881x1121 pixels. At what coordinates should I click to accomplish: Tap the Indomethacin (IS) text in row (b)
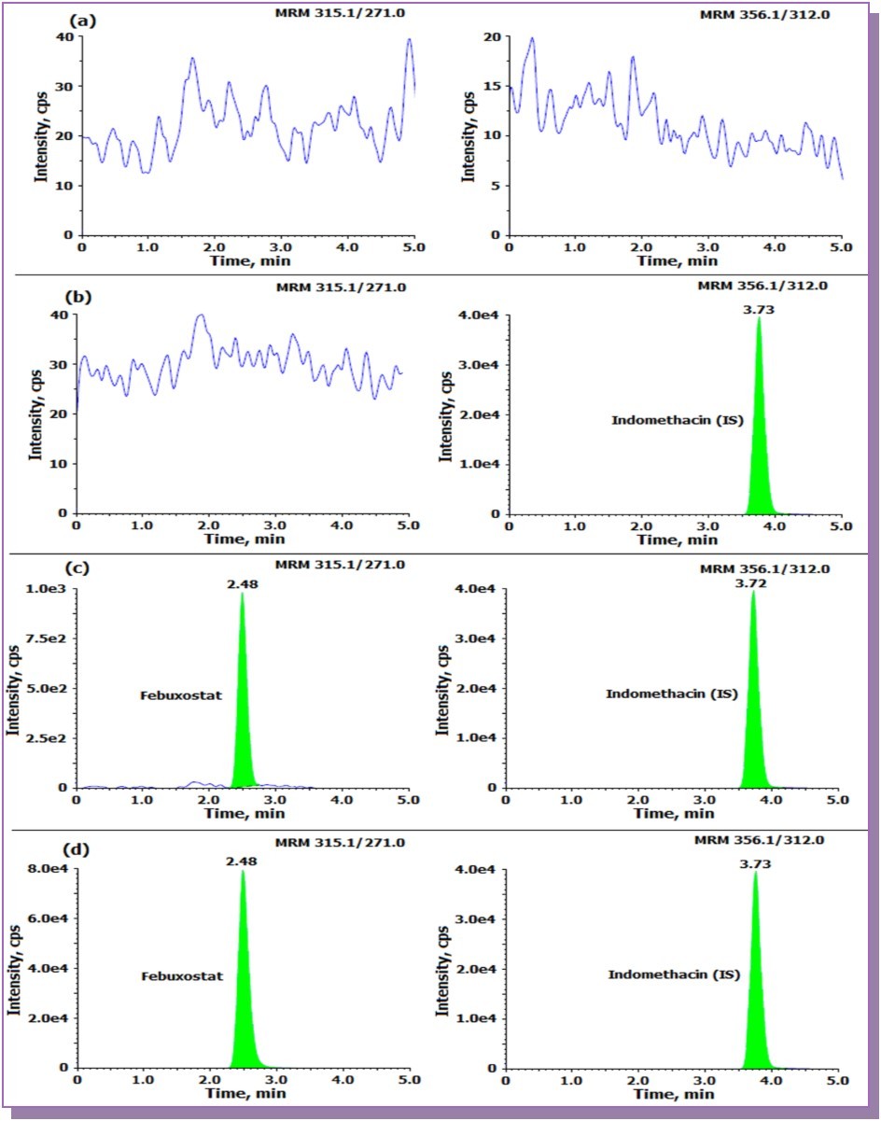pos(677,420)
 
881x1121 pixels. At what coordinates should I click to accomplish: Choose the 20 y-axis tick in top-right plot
pos(491,36)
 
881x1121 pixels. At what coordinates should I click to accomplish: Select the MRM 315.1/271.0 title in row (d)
pos(341,843)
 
